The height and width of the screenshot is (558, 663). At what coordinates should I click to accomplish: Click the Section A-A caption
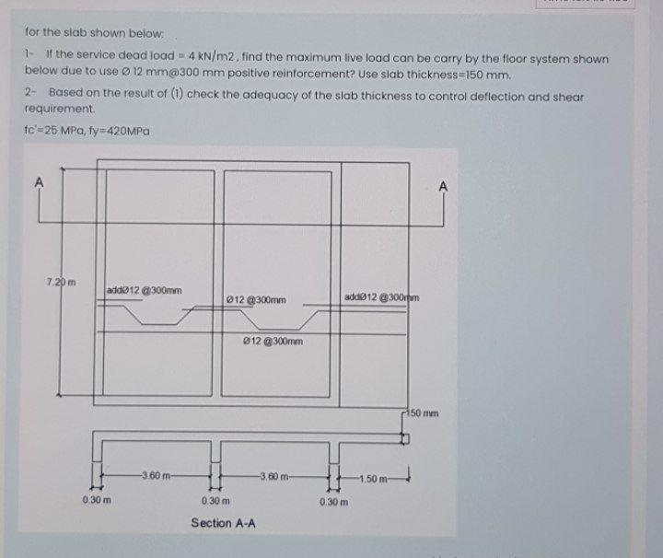223,524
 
